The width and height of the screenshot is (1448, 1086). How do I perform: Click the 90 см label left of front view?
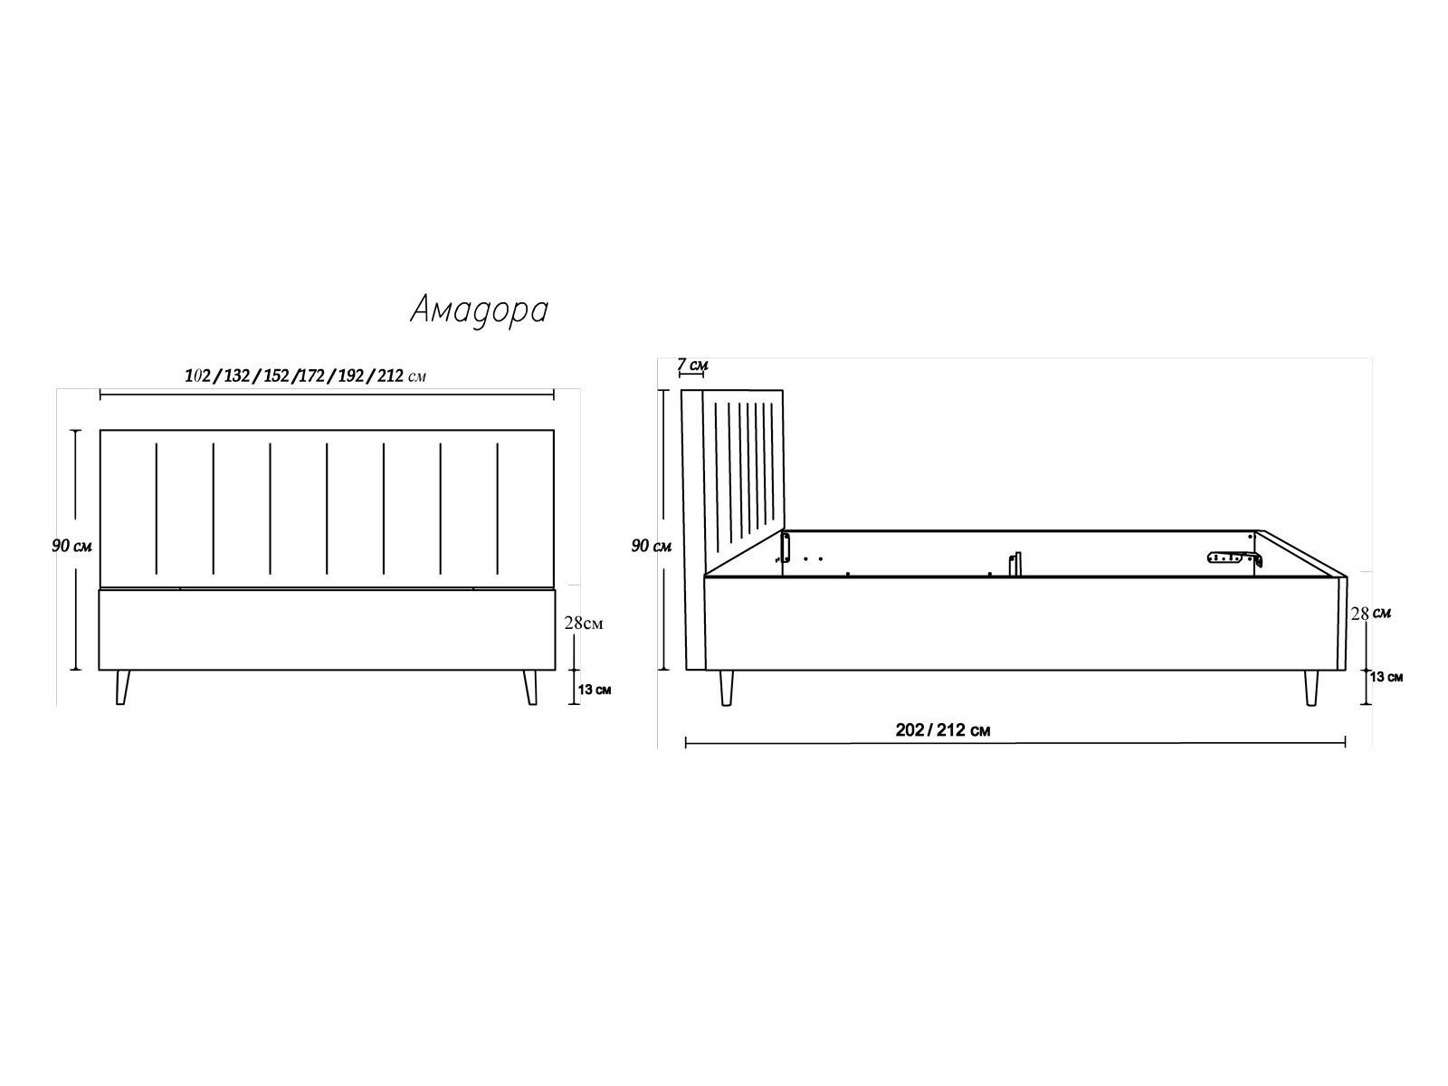tap(71, 546)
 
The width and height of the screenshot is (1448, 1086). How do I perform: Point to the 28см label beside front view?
tap(583, 623)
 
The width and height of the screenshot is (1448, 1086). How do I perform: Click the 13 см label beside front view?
tap(594, 690)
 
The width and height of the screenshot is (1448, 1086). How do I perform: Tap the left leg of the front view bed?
tap(123, 687)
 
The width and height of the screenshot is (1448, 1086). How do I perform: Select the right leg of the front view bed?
tap(530, 687)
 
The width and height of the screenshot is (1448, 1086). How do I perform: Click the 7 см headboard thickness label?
tap(693, 365)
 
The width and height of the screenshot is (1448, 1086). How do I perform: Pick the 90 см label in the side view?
tap(651, 546)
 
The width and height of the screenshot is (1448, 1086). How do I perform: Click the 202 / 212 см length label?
tap(942, 730)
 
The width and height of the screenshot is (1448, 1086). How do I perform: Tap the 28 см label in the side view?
tap(1370, 614)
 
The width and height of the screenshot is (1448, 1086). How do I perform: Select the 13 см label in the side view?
tap(1386, 677)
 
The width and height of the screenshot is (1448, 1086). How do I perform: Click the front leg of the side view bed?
tap(725, 688)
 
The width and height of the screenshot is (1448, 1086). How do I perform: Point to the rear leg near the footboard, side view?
tap(1311, 688)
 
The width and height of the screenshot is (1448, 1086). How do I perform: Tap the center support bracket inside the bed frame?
tap(1016, 563)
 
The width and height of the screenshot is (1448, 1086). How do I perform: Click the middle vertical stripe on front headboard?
tap(327, 508)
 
